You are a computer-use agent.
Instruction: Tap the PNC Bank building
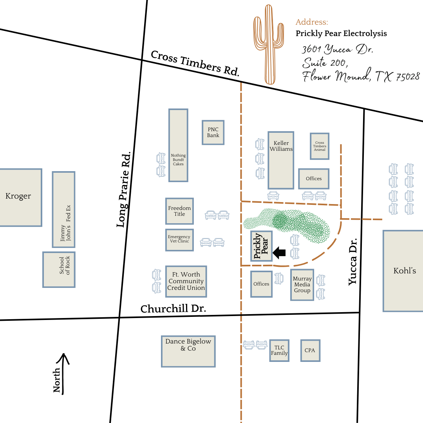(213, 132)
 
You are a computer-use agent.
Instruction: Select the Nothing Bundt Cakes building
(178, 145)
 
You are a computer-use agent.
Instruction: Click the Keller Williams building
(281, 160)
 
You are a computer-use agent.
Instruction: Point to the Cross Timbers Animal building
(319, 146)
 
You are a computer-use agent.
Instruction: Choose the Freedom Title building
(179, 211)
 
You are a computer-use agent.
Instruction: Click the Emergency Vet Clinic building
(179, 240)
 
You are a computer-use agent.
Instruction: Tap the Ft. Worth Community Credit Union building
(186, 281)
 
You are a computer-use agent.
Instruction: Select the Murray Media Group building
(302, 285)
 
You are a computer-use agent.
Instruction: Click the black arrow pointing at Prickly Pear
(279, 253)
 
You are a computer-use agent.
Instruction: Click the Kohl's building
(403, 271)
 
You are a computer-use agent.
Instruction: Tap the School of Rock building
(59, 269)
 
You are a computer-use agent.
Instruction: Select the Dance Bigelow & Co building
(188, 351)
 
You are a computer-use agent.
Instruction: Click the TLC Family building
(279, 351)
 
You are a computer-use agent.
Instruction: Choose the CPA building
(310, 351)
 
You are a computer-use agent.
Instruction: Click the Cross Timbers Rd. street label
(195, 63)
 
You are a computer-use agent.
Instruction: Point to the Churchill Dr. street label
(173, 309)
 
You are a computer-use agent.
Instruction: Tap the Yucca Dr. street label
(353, 261)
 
